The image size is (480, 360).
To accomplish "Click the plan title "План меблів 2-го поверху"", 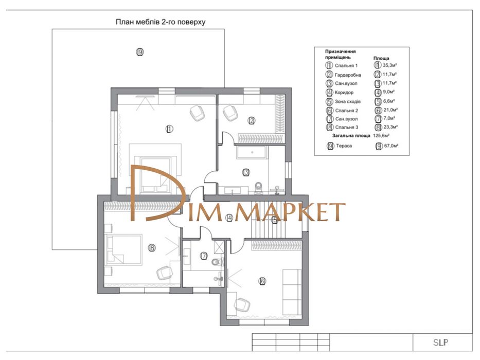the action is coord(161,22).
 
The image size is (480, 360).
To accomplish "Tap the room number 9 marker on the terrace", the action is coord(140,52).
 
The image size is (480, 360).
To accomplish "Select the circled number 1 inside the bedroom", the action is coord(169,129).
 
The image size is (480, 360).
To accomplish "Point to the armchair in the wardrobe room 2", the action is coord(230,112).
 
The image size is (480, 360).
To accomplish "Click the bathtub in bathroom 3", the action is coord(252,152).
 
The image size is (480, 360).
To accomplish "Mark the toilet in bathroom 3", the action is coord(259,188).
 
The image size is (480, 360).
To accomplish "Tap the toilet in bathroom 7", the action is coord(217,262).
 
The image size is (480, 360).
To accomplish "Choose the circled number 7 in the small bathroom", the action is coord(204,256).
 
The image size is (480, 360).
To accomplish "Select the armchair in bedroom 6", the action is coord(242,305).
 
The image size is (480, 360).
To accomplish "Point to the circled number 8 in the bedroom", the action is coord(152,248).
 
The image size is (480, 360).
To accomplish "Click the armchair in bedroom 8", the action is coord(165,273).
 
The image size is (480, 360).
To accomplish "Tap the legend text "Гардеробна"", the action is coord(348,75).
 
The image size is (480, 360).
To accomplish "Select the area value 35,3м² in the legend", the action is coord(390,65).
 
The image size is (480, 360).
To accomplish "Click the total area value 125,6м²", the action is coord(381,135).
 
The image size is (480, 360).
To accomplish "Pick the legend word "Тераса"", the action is coord(344,146).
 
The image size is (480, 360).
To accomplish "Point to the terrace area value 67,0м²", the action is coord(391,146).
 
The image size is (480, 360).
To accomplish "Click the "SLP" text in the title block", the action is coord(441,343).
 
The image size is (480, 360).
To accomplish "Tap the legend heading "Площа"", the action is coord(381,58).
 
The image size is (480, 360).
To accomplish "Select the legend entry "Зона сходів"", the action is coord(348,102).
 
